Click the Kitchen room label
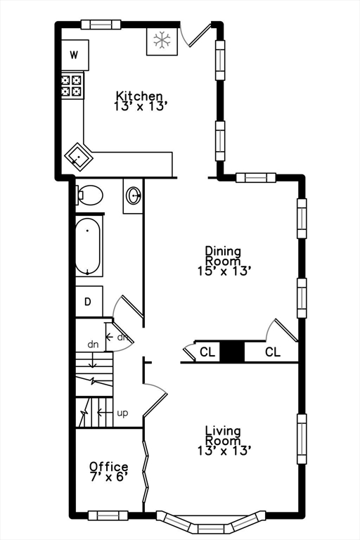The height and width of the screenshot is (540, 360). pos(139,96)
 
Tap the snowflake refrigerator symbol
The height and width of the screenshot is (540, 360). pos(162,40)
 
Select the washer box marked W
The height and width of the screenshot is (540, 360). pos(75,55)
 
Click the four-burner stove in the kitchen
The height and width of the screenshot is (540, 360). pos(72,85)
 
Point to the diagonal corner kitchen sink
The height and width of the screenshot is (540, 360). pos(79,157)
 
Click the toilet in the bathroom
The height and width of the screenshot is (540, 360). pos(89,195)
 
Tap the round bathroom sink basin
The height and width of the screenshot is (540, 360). pos(134,195)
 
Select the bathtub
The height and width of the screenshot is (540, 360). pos(88,247)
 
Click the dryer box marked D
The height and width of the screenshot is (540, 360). pos(89,302)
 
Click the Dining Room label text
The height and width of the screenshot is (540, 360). pos(223,255)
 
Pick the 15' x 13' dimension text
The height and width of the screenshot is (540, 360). pos(223,271)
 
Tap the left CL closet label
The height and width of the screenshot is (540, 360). pos(207,352)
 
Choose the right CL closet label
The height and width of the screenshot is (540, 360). pos(273,352)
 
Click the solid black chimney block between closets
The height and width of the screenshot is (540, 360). pos(232,352)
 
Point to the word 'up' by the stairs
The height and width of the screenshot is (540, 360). pos(122,413)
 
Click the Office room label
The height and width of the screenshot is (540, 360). pos(108,467)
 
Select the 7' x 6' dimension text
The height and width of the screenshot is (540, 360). pos(108,477)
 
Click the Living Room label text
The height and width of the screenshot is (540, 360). pos(223,435)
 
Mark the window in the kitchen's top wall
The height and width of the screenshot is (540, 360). pos(101,25)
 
